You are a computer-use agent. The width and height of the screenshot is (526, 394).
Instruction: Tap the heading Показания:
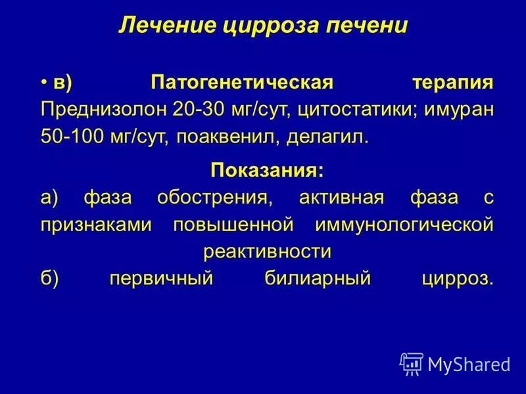(266, 171)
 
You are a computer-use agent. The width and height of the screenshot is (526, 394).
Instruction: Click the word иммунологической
(404, 225)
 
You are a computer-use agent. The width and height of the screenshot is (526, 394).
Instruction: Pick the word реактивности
(266, 252)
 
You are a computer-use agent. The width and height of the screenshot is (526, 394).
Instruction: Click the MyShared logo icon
(412, 363)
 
